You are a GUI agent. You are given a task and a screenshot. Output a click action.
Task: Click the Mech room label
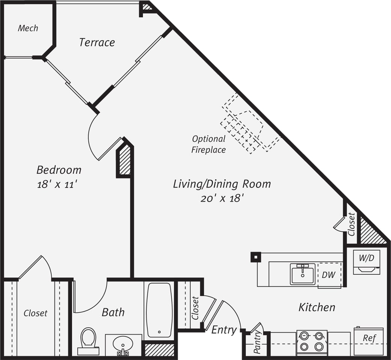28,28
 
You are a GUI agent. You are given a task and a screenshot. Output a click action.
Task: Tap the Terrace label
97,42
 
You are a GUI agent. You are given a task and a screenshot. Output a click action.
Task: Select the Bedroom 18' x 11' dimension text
59,184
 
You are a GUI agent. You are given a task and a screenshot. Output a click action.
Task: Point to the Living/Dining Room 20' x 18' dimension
222,198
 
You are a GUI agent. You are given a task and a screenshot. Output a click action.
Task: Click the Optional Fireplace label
208,144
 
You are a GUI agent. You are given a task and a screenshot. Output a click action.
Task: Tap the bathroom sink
123,344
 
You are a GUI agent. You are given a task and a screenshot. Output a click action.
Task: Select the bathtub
159,310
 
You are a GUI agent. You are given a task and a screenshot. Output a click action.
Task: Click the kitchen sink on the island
302,274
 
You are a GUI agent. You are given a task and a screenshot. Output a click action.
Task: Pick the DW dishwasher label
328,275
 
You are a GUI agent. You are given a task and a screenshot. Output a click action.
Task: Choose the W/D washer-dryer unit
367,262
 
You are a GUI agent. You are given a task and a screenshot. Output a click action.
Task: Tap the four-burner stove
312,341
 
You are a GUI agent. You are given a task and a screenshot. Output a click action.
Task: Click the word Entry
224,330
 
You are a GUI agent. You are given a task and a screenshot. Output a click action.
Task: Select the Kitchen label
317,307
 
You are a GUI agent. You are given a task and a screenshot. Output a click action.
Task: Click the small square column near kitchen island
255,257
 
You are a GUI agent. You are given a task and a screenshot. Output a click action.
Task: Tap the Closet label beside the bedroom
36,313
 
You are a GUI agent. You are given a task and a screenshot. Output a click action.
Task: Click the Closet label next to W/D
351,224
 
